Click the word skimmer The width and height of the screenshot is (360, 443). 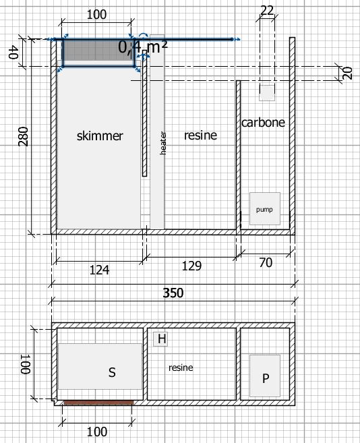click(100, 136)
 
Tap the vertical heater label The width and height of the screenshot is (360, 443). click(163, 143)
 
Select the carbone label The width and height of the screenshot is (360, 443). click(263, 122)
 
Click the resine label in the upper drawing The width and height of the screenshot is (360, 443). click(200, 136)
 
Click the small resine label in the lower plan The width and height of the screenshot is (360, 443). click(181, 367)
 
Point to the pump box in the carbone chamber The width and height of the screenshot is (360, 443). click(265, 209)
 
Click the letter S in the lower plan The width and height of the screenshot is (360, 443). click(112, 372)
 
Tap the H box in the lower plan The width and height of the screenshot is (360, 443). click(160, 339)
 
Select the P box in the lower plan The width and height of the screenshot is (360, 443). click(265, 376)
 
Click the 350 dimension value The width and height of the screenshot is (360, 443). click(173, 293)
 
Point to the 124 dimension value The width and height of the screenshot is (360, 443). click(99, 270)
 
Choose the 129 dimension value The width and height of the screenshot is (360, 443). click(191, 266)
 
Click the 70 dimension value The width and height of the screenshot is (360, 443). click(266, 263)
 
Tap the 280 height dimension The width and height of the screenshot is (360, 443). click(23, 136)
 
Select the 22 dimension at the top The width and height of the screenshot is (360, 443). click(267, 11)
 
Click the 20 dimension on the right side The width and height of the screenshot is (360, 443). click(348, 73)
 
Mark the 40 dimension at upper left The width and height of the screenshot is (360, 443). click(13, 53)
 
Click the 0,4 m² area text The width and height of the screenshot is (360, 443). click(143, 47)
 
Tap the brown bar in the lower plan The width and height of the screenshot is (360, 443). click(98, 403)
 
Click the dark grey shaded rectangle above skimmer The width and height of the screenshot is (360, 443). click(98, 53)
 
